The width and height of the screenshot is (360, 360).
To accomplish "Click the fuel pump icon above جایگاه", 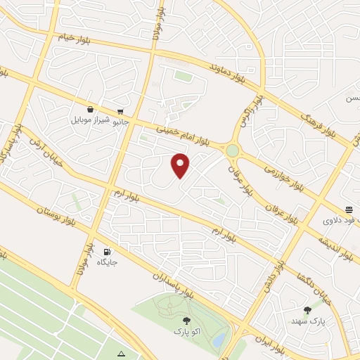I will (107, 252).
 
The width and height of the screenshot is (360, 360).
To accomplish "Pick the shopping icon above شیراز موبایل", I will (90, 110).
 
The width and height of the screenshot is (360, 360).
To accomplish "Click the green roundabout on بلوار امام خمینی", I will (232, 150).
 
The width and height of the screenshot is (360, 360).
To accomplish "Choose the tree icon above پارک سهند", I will (307, 310).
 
